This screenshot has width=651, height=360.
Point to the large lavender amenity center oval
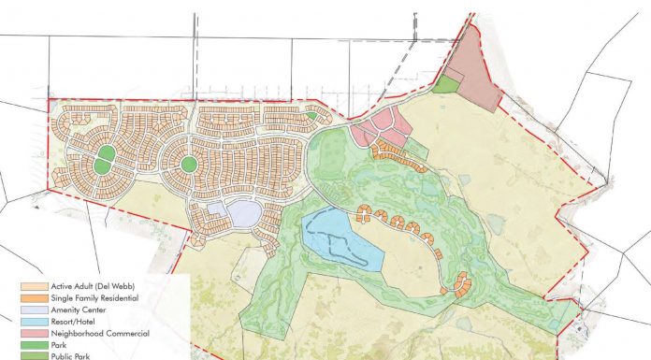pyautogui.click(x=243, y=214)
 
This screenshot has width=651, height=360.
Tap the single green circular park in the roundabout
pyautogui.click(x=188, y=165)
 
